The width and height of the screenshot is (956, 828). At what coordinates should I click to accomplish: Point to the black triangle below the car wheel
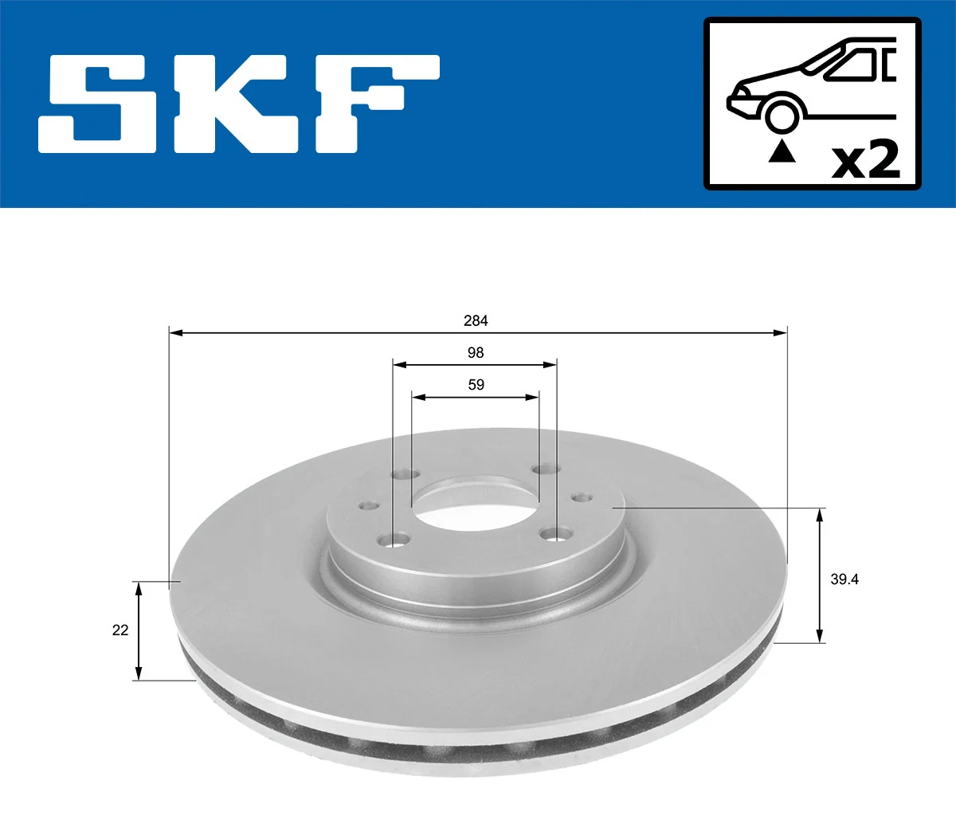(x=782, y=151)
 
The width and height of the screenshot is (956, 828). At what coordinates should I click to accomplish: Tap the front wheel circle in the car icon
(x=782, y=115)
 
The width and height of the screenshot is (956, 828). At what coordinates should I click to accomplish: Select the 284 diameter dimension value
(x=476, y=320)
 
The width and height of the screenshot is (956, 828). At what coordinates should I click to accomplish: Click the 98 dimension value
(x=476, y=352)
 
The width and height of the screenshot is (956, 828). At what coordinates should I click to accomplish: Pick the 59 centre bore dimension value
(x=476, y=384)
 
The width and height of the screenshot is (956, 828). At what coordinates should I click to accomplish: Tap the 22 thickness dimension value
(x=120, y=630)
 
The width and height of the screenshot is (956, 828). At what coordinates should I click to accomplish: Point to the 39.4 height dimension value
(x=844, y=579)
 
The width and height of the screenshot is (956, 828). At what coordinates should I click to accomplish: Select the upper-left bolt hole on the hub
(x=405, y=474)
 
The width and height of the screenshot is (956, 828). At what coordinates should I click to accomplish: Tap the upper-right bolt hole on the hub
(x=545, y=469)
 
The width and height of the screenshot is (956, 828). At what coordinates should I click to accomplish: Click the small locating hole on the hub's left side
(x=367, y=505)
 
